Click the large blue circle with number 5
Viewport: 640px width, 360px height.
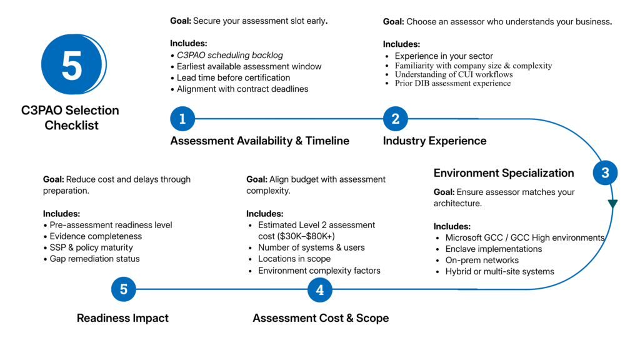[72, 64]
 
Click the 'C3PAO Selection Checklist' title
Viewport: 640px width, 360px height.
[70, 117]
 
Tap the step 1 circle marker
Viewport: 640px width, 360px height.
[182, 118]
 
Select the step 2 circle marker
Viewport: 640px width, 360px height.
[396, 118]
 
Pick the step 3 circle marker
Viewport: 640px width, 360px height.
[605, 173]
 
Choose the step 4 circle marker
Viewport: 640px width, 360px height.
[320, 289]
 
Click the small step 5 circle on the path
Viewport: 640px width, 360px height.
[124, 289]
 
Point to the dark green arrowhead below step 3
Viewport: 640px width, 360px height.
[612, 204]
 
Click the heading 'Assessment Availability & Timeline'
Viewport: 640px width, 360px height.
[259, 141]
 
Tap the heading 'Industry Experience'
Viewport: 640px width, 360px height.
[434, 141]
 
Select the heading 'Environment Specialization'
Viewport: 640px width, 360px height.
[504, 173]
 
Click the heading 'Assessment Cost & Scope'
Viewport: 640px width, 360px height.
[321, 318]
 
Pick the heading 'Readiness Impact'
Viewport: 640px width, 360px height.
[122, 318]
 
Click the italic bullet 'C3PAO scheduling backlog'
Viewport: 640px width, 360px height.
[229, 55]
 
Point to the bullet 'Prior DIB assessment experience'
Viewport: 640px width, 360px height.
[452, 83]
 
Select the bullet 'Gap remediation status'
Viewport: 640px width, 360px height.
[94, 259]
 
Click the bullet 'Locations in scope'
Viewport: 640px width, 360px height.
[294, 259]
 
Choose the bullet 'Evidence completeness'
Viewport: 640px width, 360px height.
[96, 236]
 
